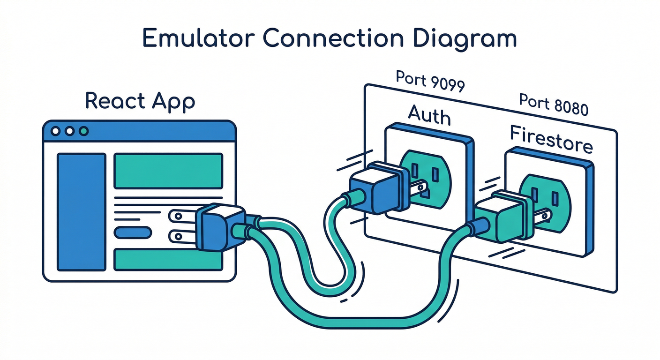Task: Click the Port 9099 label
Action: pyautogui.click(x=430, y=82)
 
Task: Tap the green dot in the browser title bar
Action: pyautogui.click(x=84, y=131)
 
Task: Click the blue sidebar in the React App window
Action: pyautogui.click(x=81, y=212)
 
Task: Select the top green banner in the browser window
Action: pyautogui.click(x=168, y=171)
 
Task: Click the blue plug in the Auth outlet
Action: pyautogui.click(x=375, y=190)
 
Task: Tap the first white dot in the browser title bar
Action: pyautogui.click(x=55, y=131)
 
